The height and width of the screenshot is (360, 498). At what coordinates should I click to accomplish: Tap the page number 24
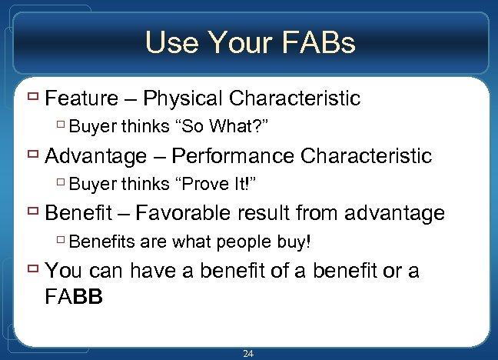pos(248,354)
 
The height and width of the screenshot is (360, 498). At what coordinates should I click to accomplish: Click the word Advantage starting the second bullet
pos(96,156)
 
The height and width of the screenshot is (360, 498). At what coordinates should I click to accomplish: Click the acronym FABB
pos(78,295)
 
